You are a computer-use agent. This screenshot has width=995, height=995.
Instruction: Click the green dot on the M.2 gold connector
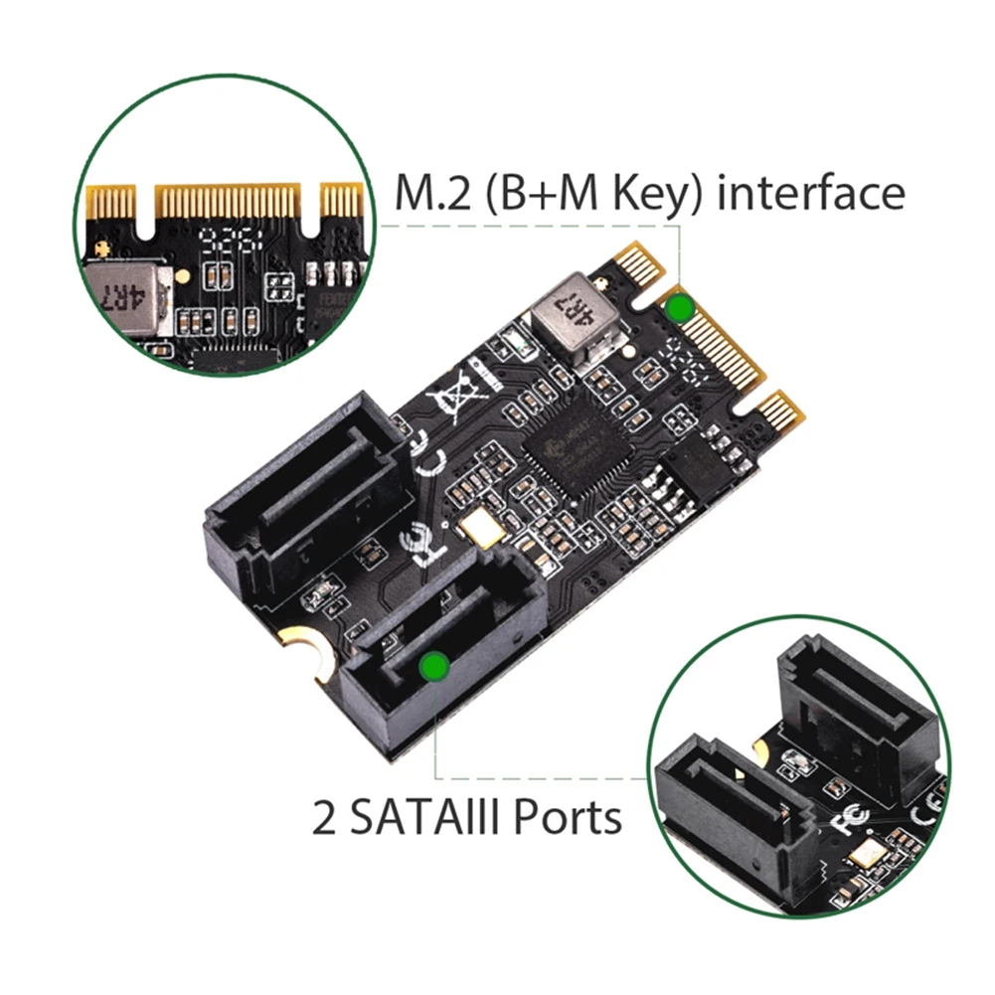679,307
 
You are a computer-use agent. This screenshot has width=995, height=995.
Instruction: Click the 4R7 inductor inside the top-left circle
127,290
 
